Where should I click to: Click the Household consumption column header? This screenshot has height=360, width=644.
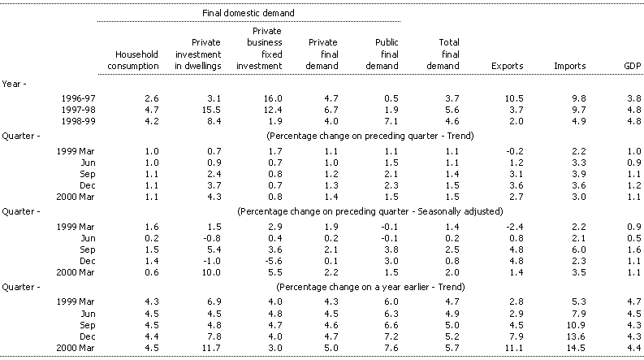point(130,59)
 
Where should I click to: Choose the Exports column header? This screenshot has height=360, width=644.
point(506,65)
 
